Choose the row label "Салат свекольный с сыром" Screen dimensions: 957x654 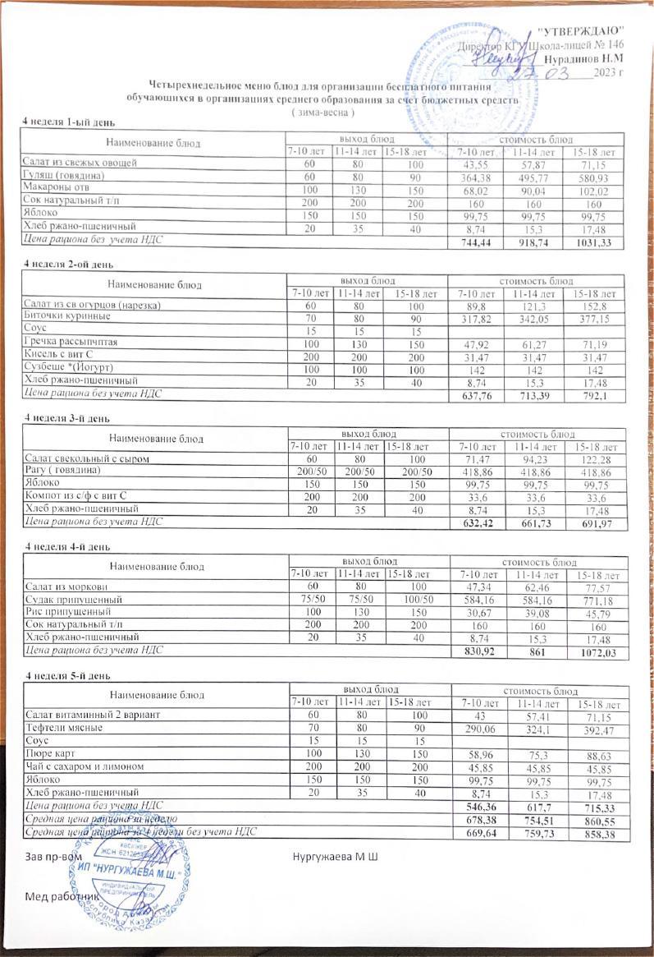90,458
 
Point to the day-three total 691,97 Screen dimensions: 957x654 597,524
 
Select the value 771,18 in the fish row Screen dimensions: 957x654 597,601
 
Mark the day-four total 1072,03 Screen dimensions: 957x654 597,653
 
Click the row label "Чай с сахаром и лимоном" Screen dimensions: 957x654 85,766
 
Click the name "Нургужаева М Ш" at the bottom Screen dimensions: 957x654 335,857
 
